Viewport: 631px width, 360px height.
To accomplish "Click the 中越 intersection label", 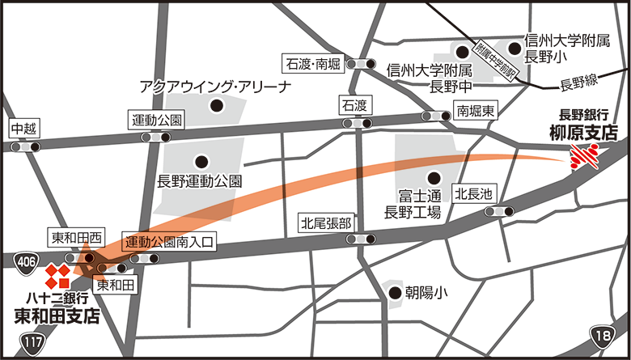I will pyautogui.click(x=23, y=128).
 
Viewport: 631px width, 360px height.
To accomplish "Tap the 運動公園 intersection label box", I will pyautogui.click(x=158, y=120).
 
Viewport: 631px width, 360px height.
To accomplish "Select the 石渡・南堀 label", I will pyautogui.click(x=313, y=62).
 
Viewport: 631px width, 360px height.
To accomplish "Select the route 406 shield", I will pyautogui.click(x=25, y=260).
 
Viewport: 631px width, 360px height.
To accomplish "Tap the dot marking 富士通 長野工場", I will pyautogui.click(x=434, y=178).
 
